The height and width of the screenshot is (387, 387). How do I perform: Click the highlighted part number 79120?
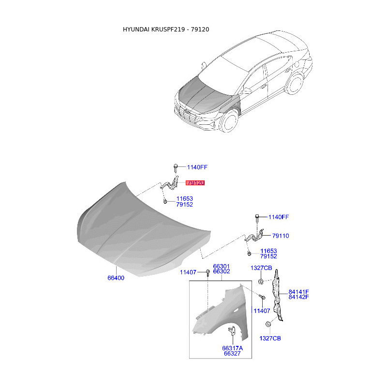pyautogui.click(x=195, y=183)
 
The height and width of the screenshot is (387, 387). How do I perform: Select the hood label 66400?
pyautogui.click(x=116, y=278)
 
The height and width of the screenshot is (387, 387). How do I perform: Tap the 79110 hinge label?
pyautogui.click(x=281, y=236)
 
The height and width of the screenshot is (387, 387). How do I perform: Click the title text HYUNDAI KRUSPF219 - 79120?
pyautogui.click(x=166, y=30)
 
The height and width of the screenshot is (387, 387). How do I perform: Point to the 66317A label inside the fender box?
pyautogui.click(x=233, y=348)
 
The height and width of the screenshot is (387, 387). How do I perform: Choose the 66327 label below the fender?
pyautogui.click(x=232, y=354)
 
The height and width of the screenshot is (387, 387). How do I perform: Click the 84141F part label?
pyautogui.click(x=298, y=292)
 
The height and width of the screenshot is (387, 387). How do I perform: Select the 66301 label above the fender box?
pyautogui.click(x=222, y=267)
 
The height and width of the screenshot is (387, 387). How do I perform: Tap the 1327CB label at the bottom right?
pyautogui.click(x=270, y=338)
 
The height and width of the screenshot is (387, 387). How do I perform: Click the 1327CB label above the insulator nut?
pyautogui.click(x=261, y=268)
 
